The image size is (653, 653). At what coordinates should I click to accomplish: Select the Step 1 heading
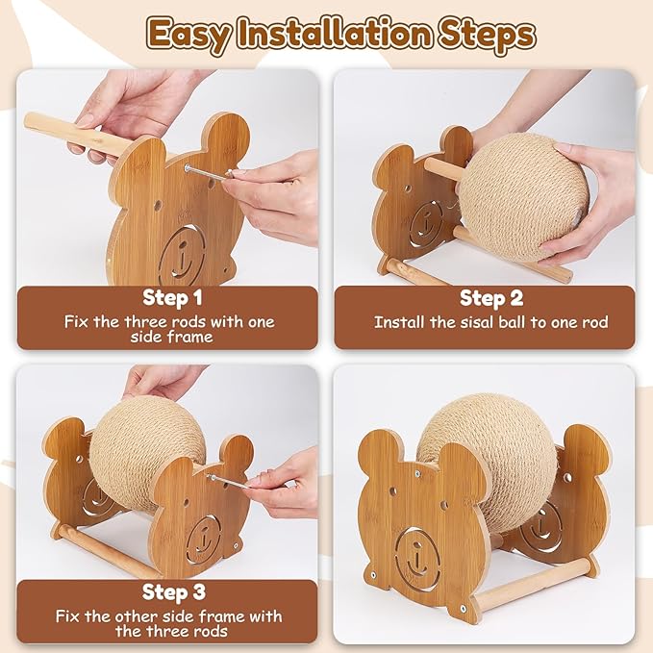172,297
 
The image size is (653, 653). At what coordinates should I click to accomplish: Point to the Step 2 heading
490,298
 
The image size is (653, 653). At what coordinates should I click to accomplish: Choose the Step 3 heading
172,590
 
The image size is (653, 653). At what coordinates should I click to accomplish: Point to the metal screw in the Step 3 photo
226,478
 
